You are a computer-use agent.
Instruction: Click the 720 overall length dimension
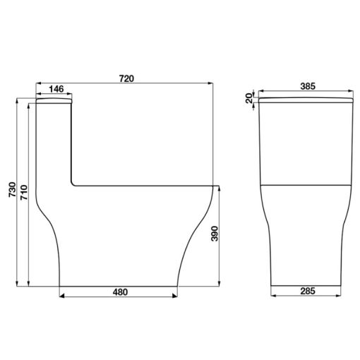(126, 78)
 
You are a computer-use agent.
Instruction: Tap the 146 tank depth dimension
(56, 89)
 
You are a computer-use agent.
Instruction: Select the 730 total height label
(12, 189)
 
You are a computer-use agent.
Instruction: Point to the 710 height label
(24, 193)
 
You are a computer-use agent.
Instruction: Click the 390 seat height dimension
(215, 234)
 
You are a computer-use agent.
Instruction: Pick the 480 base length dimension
(120, 292)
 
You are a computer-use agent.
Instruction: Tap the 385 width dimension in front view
(308, 86)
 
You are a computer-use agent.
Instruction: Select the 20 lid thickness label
(248, 98)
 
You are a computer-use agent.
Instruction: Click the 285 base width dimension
(308, 292)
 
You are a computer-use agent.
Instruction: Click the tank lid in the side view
(54, 101)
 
